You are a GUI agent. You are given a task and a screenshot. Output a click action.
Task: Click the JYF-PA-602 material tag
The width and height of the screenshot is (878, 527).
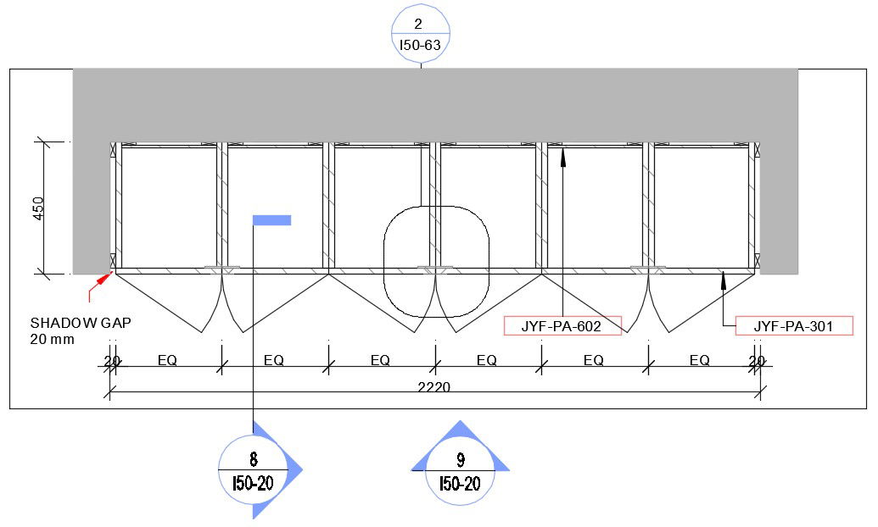pyautogui.click(x=562, y=325)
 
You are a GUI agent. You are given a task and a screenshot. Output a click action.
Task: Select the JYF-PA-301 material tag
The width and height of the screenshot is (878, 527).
pyautogui.click(x=794, y=325)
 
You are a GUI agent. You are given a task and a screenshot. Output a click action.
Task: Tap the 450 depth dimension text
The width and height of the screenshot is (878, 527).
pyautogui.click(x=38, y=208)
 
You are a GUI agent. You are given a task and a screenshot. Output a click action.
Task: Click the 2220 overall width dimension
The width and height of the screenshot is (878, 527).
pyautogui.click(x=433, y=387)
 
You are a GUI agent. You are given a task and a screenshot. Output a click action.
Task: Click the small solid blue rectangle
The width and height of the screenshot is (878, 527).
pyautogui.click(x=271, y=220)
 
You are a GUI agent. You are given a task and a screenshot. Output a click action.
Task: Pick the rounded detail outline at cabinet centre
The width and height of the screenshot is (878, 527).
pyautogui.click(x=436, y=261)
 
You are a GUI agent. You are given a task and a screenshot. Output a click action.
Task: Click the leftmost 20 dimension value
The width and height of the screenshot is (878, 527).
pyautogui.click(x=111, y=361)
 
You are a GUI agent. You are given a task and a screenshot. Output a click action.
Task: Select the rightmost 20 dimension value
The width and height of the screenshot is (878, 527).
pyautogui.click(x=757, y=361)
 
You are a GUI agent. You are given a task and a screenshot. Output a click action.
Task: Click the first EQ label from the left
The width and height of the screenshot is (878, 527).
pyautogui.click(x=167, y=360)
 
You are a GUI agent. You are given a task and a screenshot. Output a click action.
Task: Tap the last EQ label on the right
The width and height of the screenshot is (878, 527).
pyautogui.click(x=699, y=360)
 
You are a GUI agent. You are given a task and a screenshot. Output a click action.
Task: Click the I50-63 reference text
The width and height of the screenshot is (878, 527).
pyautogui.click(x=421, y=46)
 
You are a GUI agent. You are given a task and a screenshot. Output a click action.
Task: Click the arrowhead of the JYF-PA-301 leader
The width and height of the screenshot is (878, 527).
pyautogui.click(x=723, y=277)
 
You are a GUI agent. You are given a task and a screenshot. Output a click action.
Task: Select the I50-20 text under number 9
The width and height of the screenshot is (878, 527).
pyautogui.click(x=460, y=484)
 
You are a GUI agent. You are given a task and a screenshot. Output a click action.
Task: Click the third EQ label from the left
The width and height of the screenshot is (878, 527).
pyautogui.click(x=380, y=360)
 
